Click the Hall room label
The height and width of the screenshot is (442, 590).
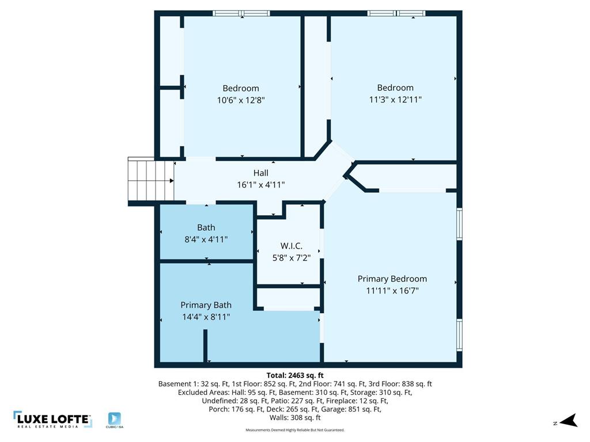(261, 173)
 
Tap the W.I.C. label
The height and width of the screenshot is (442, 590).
(291, 246)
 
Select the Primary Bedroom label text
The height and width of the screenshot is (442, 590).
(392, 279)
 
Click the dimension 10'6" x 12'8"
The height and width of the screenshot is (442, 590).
(241, 100)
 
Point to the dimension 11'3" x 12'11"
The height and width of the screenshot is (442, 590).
(395, 99)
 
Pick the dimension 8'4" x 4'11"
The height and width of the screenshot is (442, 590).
(206, 239)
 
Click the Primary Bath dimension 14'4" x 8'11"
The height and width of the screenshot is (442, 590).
(206, 317)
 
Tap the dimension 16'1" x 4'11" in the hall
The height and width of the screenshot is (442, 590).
(261, 184)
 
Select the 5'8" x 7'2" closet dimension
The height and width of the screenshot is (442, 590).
(291, 258)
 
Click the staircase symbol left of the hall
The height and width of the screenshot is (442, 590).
(150, 180)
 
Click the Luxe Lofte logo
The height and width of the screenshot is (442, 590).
(52, 420)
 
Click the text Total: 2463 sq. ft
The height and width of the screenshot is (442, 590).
(295, 375)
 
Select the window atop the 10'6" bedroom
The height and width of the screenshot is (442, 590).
(241, 13)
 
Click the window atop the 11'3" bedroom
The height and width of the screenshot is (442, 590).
(396, 13)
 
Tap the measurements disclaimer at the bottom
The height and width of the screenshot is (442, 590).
(295, 430)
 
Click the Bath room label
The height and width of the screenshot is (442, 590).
(206, 227)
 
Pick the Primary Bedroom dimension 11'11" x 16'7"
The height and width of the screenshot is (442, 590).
(392, 291)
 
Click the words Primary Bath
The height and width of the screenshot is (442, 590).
(206, 305)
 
